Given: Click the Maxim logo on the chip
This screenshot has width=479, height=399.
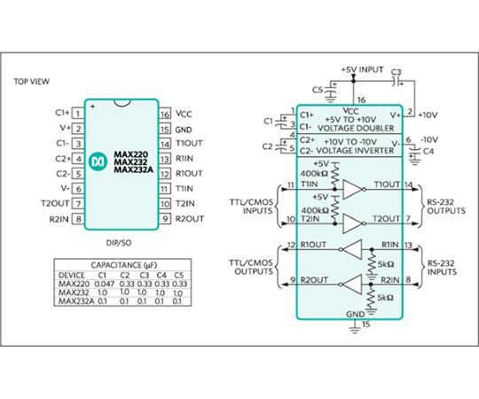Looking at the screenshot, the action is coord(98,160).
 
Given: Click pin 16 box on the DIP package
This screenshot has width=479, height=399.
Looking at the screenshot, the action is coord(165,113).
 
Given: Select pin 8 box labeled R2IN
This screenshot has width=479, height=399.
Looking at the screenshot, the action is coord(78,219).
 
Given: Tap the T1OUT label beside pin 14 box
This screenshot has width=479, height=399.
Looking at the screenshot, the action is coord(189,143).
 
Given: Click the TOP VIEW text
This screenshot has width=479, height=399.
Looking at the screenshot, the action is coord(31,82).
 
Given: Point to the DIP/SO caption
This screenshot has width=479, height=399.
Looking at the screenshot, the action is coord(119,243).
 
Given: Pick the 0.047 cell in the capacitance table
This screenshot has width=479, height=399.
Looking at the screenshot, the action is coord(105,284).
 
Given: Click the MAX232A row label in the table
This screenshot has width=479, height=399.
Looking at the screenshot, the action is coord(76,301).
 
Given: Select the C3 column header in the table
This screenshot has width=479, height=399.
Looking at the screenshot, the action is coord(145,275).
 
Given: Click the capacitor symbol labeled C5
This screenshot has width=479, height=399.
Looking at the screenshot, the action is coord(330,91).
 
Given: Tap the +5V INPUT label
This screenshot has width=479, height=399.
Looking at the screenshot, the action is coord(362,70).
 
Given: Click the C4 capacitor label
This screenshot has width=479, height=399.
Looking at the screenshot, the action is coord(428,151).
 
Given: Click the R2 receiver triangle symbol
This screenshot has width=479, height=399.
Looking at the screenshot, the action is coord(351,285).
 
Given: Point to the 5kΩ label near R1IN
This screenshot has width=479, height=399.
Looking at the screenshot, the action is coord(386,264).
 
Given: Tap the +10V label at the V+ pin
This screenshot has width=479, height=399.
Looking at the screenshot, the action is coord(428,115).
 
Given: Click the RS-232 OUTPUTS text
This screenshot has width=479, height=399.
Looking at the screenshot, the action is coord(446,207).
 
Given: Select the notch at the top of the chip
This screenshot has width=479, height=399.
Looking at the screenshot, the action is coord(122,103).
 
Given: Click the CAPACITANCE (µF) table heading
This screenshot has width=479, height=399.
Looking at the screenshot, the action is coord(123,265).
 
